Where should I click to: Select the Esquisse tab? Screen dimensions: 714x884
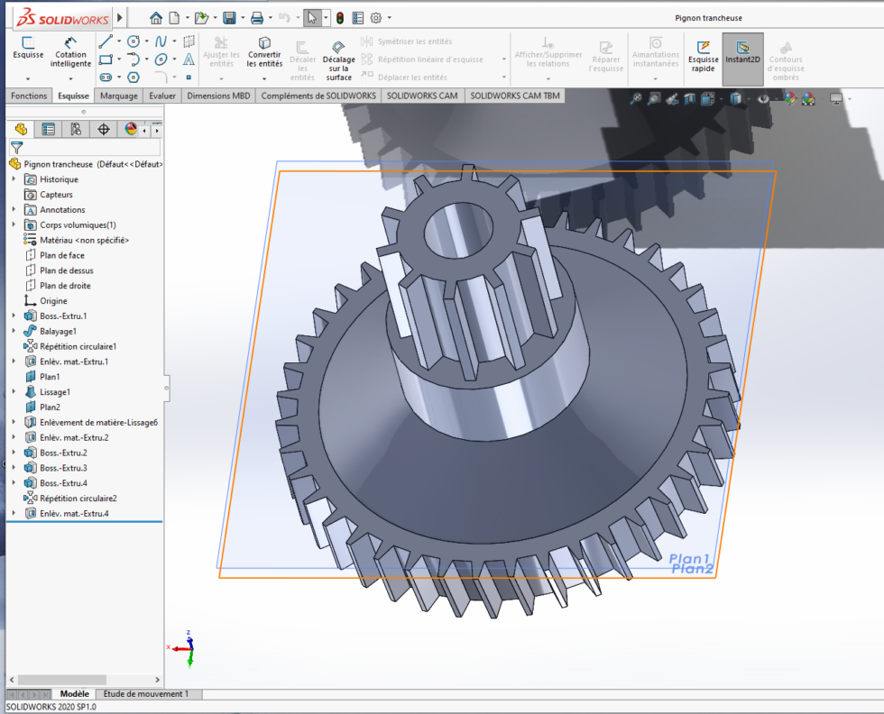click(73, 96)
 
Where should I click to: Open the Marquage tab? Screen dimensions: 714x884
click(119, 96)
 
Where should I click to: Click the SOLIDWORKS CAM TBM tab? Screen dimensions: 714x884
click(514, 96)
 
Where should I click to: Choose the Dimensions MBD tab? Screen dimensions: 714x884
click(219, 96)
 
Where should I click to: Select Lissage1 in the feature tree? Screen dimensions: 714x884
click(54, 392)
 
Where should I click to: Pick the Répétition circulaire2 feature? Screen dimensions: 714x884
click(78, 498)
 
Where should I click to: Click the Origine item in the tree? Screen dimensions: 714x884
click(53, 300)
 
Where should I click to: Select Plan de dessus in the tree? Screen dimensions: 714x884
click(66, 270)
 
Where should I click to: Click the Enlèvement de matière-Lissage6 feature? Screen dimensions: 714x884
click(98, 422)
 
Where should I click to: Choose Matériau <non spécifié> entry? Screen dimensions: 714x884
click(84, 240)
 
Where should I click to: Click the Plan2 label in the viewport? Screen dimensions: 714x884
click(692, 569)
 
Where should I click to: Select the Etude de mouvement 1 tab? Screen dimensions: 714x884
click(146, 694)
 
